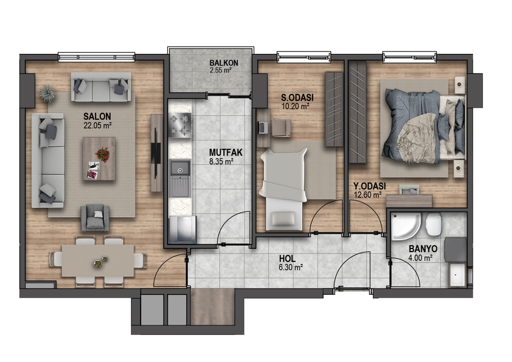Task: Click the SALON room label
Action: pos(97,117)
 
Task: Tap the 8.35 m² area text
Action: pos(221,162)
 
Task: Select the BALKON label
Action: pos(224,63)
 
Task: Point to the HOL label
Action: pos(287,259)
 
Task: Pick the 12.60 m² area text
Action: pos(368,195)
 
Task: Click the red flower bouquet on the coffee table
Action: pos(103,154)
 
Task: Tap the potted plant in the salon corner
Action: pos(48,93)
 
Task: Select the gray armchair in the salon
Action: pos(95,218)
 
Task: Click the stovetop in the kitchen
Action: pos(180,125)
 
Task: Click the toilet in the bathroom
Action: pos(433,224)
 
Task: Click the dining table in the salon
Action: pos(98,261)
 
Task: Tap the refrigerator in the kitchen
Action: pos(183,229)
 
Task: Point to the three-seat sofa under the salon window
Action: pos(101,87)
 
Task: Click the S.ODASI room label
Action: pos(297,98)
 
